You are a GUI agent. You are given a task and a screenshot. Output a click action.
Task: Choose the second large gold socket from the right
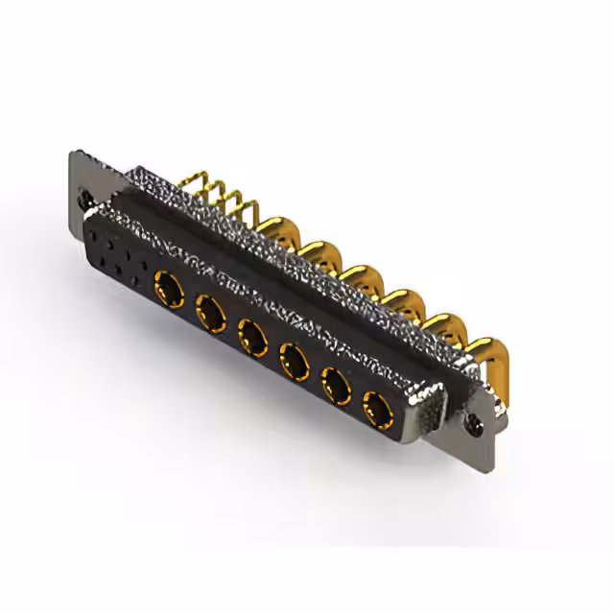[335, 387]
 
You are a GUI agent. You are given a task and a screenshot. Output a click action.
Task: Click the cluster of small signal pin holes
[114, 252]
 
